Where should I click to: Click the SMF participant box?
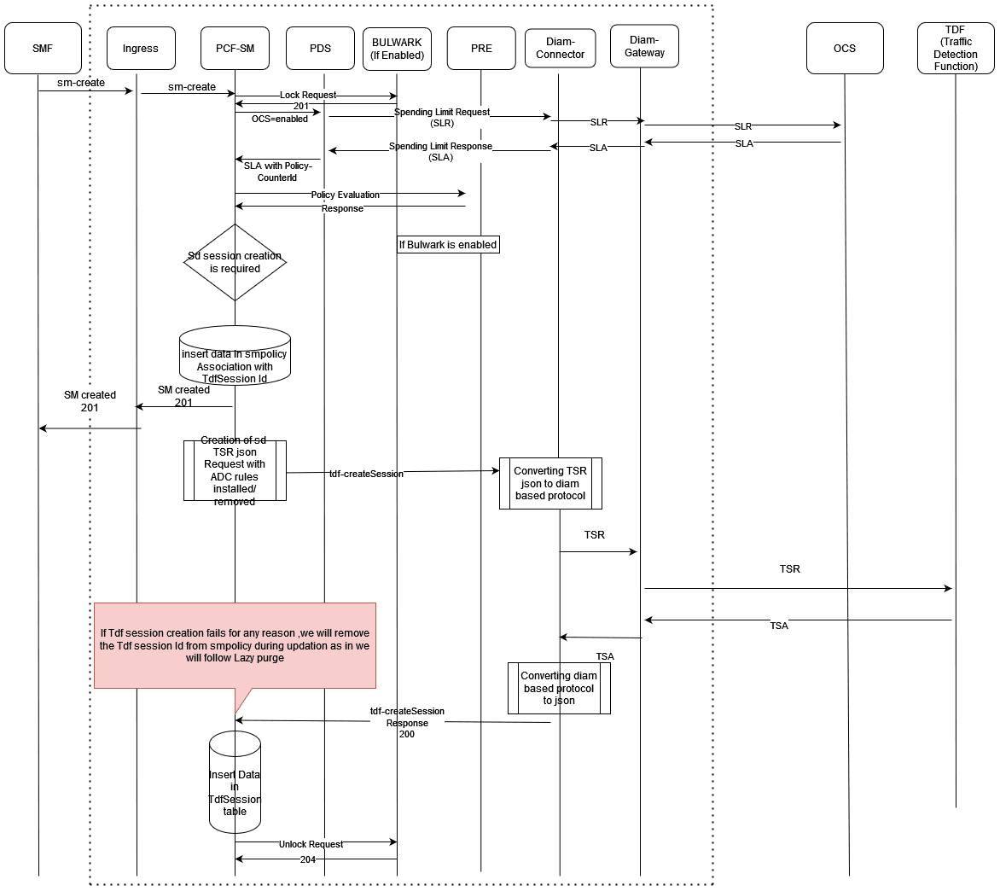tap(43, 49)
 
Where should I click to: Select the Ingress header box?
tap(141, 49)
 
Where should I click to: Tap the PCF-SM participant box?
tap(235, 49)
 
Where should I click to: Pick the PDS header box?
tap(320, 49)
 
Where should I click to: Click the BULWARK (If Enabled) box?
tap(397, 49)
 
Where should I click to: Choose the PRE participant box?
tap(481, 49)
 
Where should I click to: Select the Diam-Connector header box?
tap(560, 49)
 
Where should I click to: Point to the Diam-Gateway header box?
tap(644, 47)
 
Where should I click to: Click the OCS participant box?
tap(845, 49)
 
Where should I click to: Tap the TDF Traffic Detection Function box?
tap(956, 49)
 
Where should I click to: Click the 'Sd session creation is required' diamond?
tap(235, 262)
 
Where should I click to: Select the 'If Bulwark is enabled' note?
tap(448, 245)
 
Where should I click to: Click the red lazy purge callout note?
tap(235, 645)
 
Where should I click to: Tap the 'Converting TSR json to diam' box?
tap(550, 483)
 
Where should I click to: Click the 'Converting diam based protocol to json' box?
tap(559, 688)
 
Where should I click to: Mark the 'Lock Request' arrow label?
tap(307, 95)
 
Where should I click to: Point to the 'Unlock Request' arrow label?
tap(311, 844)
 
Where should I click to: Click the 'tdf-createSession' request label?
tap(367, 474)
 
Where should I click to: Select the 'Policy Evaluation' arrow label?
tap(345, 195)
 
